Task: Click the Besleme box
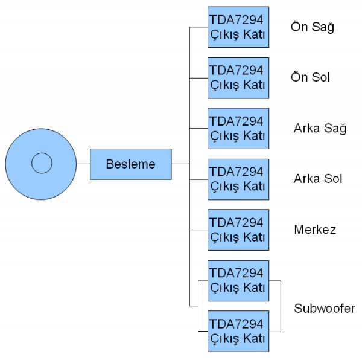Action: coord(130,164)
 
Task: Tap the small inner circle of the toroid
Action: coord(42,163)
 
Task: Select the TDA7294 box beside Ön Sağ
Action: coord(238,27)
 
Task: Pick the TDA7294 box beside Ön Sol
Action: coord(238,77)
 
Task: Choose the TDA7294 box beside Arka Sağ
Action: coord(238,128)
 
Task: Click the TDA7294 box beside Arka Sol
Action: coord(238,179)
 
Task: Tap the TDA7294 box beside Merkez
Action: coord(238,230)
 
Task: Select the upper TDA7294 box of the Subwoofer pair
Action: coord(238,280)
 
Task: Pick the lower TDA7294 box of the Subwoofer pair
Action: coord(238,331)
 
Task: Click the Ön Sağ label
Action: coord(312,27)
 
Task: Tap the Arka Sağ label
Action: coord(320,129)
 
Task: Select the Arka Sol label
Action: coord(318,179)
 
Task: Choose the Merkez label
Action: coord(315,230)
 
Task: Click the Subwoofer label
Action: coord(325,309)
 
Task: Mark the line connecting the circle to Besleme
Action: coord(83,164)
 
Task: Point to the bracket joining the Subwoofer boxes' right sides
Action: coord(281,306)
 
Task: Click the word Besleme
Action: coord(130,164)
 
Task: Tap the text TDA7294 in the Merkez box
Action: coord(237,223)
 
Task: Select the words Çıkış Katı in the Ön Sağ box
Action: coord(238,34)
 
